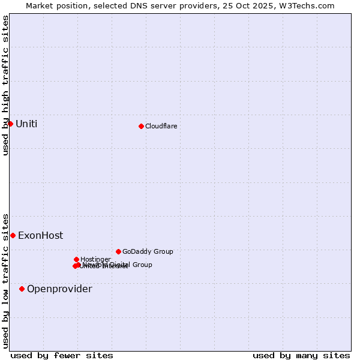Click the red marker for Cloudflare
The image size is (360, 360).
click(141, 126)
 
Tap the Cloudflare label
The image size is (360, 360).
click(161, 127)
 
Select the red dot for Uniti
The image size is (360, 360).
click(10, 124)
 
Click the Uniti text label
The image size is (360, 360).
click(26, 124)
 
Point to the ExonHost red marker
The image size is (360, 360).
click(13, 235)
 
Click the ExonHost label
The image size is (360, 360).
click(40, 236)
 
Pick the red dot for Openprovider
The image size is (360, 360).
click(22, 289)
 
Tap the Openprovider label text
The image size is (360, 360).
click(59, 289)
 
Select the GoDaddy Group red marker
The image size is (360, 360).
click(118, 251)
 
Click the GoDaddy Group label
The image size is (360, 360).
click(148, 252)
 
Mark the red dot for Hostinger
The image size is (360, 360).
click(76, 259)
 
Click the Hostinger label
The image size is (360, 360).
click(95, 260)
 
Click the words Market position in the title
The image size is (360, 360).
click(55, 6)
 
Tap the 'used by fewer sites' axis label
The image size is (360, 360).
click(62, 355)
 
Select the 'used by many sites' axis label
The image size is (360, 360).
click(301, 355)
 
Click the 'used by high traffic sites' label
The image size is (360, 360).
click(6, 85)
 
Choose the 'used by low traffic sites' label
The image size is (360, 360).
click(6, 280)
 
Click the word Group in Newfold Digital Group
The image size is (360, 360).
click(142, 265)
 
